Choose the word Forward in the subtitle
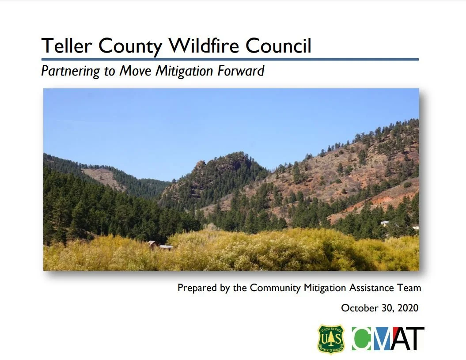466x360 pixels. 244,71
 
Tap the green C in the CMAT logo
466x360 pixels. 363,339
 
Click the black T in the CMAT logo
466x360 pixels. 416,339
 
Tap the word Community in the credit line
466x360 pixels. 276,288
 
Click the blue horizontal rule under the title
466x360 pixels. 230,59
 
